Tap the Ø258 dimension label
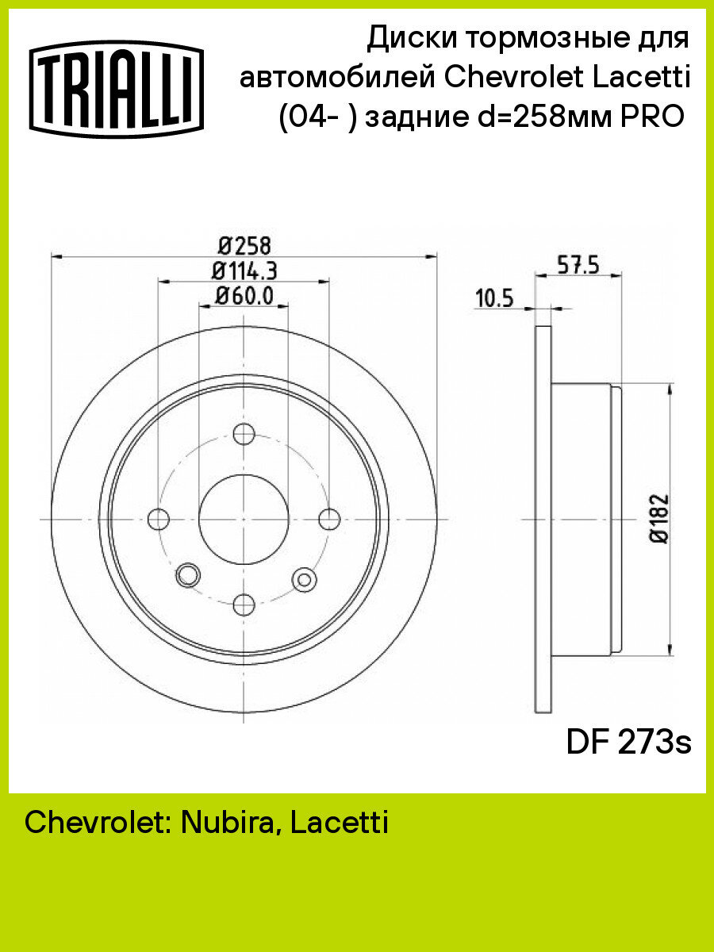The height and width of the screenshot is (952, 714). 244,244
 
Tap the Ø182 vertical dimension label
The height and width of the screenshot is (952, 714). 660,518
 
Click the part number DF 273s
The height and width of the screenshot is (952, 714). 628,743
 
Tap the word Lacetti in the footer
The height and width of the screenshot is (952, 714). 340,823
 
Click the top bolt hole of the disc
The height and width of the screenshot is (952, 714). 244,434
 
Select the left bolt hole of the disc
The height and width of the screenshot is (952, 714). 159,519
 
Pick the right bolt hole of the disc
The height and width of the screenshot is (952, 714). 329,519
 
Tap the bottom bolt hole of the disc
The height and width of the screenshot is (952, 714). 244,604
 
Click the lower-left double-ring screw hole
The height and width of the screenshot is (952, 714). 188,574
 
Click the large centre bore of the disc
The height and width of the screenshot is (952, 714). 244,519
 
